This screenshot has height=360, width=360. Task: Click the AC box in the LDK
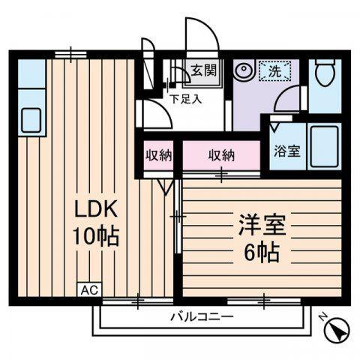(x=90, y=290)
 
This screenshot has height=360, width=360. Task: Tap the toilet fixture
(x=325, y=72)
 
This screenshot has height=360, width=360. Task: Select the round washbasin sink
(x=243, y=70)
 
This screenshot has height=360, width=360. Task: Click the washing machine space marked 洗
(x=274, y=70)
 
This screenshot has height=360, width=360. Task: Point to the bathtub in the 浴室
(x=324, y=146)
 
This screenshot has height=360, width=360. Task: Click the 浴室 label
(x=287, y=151)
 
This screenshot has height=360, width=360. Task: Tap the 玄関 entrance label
(x=204, y=70)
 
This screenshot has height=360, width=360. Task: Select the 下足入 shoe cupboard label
(x=186, y=99)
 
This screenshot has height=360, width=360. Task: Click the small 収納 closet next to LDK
(x=159, y=155)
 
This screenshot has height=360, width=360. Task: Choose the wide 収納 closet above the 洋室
(x=221, y=155)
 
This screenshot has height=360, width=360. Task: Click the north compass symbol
(x=337, y=330)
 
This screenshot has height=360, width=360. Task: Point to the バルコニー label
(x=202, y=317)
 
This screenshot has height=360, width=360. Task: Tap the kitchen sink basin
(x=31, y=120)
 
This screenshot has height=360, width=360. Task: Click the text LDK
(x=96, y=209)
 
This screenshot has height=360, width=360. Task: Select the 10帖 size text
(x=95, y=236)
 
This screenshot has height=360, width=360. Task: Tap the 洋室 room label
(x=262, y=224)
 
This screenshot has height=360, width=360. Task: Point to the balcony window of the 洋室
(x=264, y=301)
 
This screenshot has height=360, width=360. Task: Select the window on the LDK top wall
(x=70, y=55)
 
